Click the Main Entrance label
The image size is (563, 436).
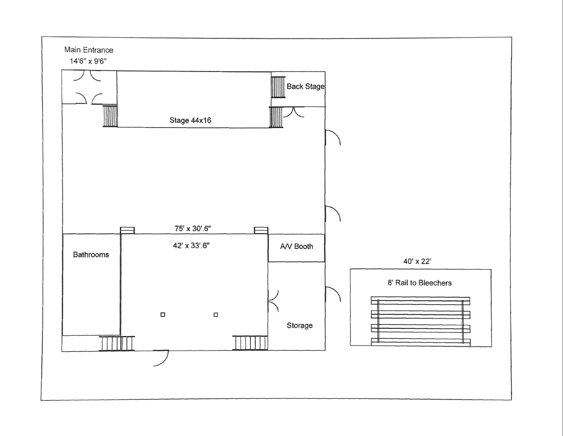click(89, 50)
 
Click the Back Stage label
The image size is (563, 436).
click(305, 86)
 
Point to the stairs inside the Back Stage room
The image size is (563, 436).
click(278, 87)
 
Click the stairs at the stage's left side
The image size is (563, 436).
click(110, 116)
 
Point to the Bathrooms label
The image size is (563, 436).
click(91, 254)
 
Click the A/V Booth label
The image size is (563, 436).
click(296, 247)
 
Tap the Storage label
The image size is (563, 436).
click(299, 325)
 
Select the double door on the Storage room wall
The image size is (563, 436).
click(273, 300)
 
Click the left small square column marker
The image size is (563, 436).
click(163, 315)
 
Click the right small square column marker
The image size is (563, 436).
click(216, 315)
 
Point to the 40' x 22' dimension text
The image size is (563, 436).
click(417, 262)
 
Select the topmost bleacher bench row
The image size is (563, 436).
click(420, 300)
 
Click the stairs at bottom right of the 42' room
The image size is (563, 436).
click(251, 343)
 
